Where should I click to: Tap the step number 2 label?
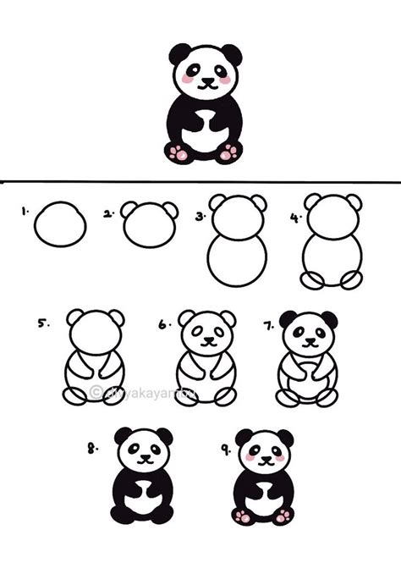tap(108, 215)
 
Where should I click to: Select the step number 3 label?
tap(200, 217)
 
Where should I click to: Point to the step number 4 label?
tap(295, 217)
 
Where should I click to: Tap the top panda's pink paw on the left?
tap(178, 152)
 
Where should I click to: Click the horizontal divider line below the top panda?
tap(200, 181)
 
